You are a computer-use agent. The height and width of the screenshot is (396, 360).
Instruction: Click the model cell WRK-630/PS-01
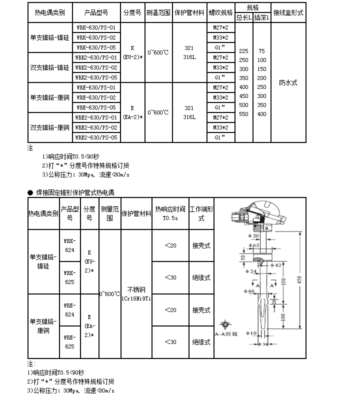(96, 27)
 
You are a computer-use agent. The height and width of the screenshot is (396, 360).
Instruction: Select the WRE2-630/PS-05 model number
(96, 137)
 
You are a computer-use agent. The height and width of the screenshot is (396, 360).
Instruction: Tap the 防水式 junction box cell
(287, 82)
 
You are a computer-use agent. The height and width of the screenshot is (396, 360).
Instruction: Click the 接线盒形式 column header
(287, 12)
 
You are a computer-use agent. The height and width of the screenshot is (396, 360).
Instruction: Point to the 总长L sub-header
(243, 17)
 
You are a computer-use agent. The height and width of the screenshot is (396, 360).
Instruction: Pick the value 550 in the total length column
(243, 114)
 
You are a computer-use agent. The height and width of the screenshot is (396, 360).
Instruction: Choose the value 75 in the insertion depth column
(261, 51)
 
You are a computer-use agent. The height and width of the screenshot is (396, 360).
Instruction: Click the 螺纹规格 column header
(220, 12)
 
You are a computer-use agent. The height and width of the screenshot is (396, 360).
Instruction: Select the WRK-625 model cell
(69, 277)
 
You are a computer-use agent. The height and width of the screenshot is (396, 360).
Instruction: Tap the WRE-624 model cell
(69, 309)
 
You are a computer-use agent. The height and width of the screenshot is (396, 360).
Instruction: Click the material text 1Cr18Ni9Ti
(135, 298)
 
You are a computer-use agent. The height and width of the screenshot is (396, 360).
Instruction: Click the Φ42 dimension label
(275, 265)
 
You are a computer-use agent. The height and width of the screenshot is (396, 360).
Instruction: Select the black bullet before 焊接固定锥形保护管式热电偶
(30, 192)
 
